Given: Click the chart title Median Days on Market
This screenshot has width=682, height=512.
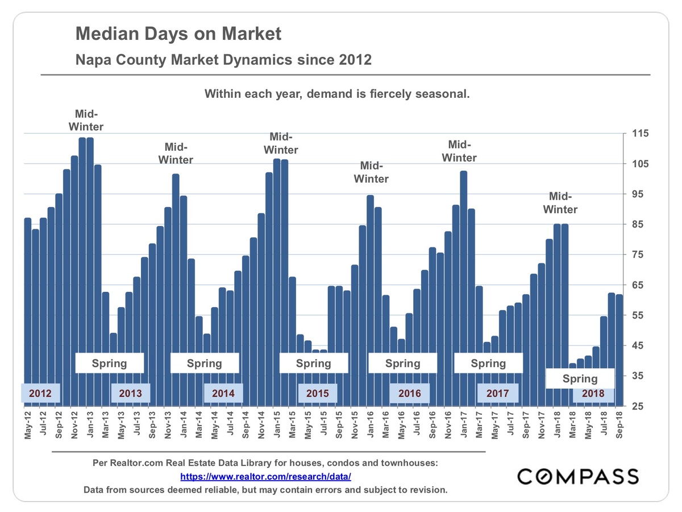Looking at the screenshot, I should pyautogui.click(x=178, y=34).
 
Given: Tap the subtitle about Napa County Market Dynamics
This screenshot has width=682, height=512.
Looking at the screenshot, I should pyautogui.click(x=224, y=59).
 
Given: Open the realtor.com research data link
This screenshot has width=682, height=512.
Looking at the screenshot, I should pyautogui.click(x=266, y=476).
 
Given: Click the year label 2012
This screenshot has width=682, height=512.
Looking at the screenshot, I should pyautogui.click(x=40, y=393).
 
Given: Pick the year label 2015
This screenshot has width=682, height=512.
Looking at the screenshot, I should pyautogui.click(x=318, y=393).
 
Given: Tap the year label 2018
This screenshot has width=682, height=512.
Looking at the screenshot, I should pyautogui.click(x=593, y=393).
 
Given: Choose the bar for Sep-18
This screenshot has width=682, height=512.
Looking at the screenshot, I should pyautogui.click(x=619, y=350).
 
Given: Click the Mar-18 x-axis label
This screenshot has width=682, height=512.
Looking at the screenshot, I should pyautogui.click(x=572, y=425).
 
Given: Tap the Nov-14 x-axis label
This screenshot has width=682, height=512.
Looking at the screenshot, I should pyautogui.click(x=261, y=425).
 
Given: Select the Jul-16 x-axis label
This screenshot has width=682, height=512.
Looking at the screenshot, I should pyautogui.click(x=417, y=425).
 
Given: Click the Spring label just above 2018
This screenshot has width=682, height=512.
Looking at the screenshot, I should pyautogui.click(x=580, y=378).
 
